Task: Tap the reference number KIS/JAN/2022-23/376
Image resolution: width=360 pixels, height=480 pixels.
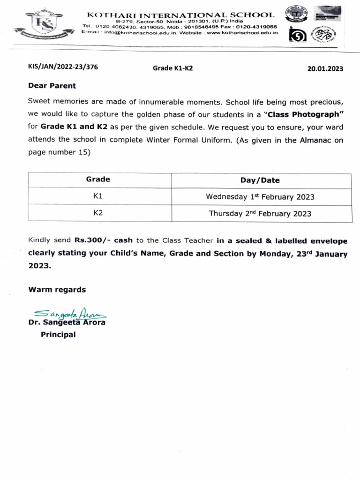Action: pos(63,67)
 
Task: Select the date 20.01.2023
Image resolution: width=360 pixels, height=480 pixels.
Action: pos(325,68)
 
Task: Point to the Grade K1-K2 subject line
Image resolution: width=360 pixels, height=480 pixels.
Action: pos(173,68)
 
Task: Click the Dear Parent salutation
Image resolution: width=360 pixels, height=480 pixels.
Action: pos(52,86)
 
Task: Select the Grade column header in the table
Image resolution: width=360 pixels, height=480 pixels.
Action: pos(98,180)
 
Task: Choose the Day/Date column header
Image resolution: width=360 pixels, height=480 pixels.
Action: pos(260,180)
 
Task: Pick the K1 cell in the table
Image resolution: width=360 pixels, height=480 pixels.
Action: pos(98,196)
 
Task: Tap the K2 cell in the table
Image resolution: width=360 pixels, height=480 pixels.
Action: pos(98,213)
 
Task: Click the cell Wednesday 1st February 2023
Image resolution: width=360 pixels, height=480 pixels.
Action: pos(260,196)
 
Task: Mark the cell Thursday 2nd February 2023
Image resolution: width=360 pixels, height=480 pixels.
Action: pos(260,213)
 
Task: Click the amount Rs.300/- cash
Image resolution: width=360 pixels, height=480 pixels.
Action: pos(103,240)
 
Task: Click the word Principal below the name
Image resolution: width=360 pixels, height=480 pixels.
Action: pos(58,335)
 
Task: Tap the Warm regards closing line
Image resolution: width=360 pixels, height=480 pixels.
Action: pos(57,290)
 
